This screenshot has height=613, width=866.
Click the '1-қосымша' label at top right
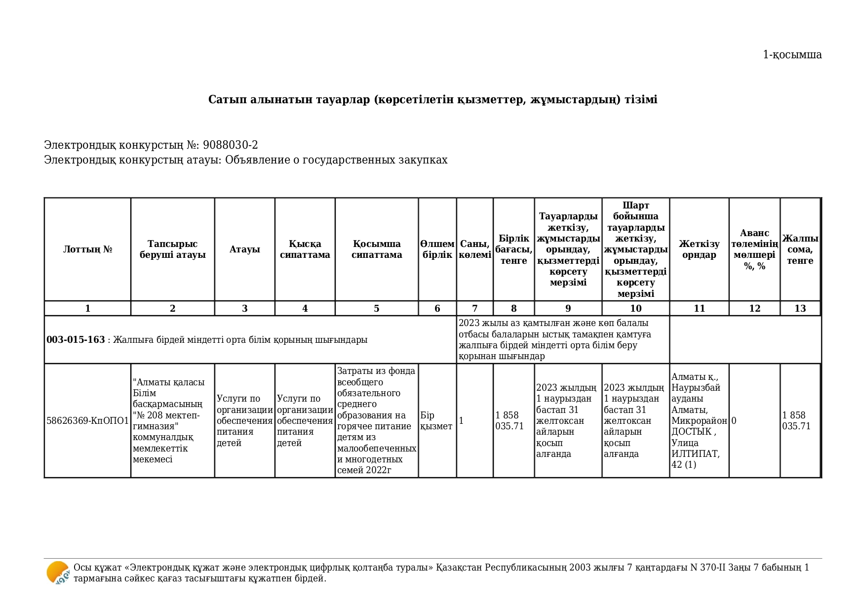click(792, 55)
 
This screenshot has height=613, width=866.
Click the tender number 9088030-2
click(230, 145)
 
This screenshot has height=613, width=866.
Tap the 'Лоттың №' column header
click(87, 249)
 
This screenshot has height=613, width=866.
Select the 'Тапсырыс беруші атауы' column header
click(172, 249)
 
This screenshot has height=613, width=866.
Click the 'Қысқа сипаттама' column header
click(305, 249)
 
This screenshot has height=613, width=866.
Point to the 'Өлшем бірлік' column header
click(437, 249)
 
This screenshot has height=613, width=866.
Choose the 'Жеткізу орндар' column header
click(699, 249)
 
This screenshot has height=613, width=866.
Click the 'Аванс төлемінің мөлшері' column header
click(754, 249)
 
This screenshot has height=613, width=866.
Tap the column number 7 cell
click(474, 309)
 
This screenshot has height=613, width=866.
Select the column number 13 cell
click(800, 309)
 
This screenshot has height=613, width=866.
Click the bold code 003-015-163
click(76, 340)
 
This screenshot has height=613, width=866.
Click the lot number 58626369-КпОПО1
click(87, 421)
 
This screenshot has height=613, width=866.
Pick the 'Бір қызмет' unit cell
click(436, 421)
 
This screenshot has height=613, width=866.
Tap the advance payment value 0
click(734, 421)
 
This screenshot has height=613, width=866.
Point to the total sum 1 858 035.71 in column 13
click(796, 421)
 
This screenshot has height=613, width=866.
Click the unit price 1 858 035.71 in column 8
click(509, 421)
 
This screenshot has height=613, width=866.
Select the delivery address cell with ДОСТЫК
click(699, 421)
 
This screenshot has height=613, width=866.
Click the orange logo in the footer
click(58, 573)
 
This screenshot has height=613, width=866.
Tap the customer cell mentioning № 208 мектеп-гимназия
click(167, 421)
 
